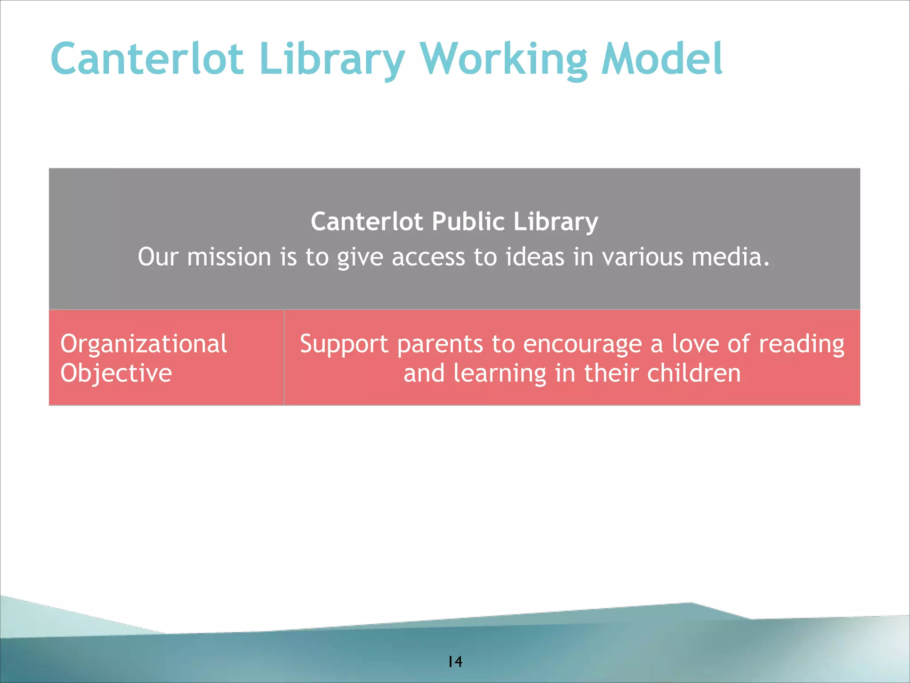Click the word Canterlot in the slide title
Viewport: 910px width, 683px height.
tap(147, 59)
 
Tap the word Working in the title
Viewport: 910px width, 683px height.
tap(503, 59)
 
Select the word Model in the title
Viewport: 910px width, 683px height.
tap(662, 59)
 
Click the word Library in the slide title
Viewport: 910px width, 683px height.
tap(332, 59)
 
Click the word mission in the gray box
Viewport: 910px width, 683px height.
tap(229, 257)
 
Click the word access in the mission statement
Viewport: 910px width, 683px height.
tap(428, 257)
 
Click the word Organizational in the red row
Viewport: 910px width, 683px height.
tap(144, 344)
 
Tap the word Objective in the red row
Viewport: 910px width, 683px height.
tap(116, 373)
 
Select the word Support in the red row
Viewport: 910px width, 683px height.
tap(344, 344)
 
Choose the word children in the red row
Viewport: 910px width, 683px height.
tap(694, 373)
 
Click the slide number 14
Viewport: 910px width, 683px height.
tap(455, 662)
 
